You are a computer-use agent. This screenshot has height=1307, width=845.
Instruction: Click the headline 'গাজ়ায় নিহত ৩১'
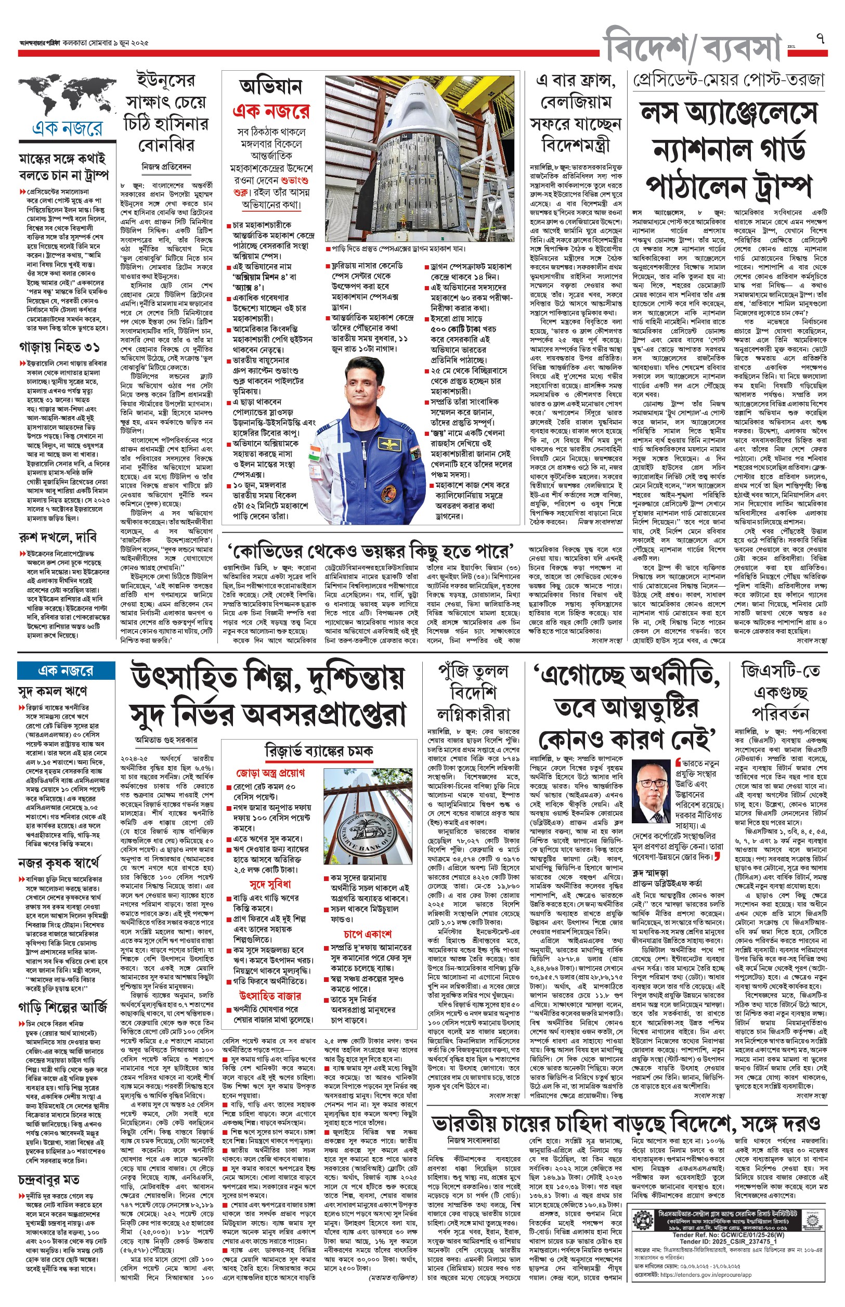point(59,347)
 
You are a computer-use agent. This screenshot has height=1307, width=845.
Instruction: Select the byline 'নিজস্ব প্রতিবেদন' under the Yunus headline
point(166,166)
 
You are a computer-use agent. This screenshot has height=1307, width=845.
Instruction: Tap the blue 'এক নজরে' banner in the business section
point(66,670)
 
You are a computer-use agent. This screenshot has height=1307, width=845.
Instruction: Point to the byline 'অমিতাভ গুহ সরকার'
point(166,739)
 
